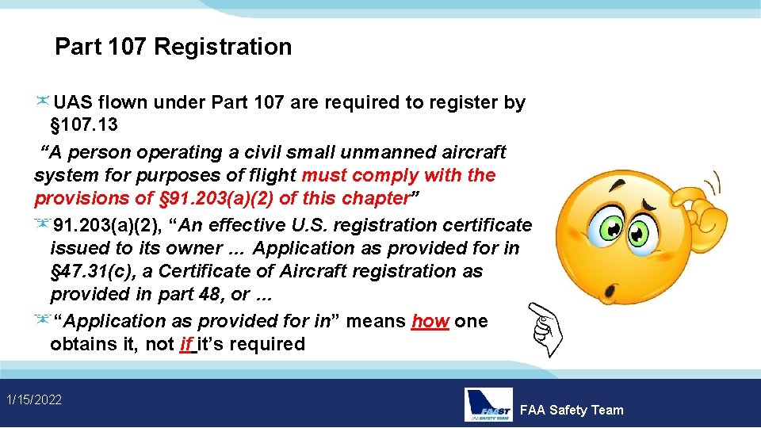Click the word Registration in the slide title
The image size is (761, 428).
point(223,47)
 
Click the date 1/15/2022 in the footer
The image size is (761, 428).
point(33,399)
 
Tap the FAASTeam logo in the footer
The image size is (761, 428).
point(488,404)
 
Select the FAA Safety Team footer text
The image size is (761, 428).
point(572,410)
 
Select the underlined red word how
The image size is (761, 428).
point(430,321)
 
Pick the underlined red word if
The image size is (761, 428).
point(187,344)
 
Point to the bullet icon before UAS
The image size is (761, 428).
point(43,101)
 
